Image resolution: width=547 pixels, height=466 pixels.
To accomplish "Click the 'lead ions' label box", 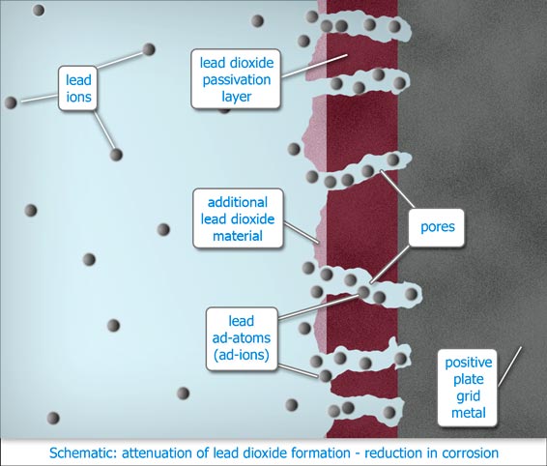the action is [77, 88].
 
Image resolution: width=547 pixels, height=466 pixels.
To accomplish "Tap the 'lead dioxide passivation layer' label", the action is [236, 79].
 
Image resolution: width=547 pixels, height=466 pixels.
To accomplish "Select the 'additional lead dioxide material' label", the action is [238, 218].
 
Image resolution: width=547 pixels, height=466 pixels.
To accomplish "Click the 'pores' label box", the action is [437, 227].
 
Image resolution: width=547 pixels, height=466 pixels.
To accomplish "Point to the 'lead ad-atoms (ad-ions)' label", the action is [242, 338].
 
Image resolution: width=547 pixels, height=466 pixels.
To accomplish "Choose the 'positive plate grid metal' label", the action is [468, 388].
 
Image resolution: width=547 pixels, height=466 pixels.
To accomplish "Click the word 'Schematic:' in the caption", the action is [83, 453].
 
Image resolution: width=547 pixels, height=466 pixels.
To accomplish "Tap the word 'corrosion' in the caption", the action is [470, 453].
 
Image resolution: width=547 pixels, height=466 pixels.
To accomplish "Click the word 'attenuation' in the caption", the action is [156, 453].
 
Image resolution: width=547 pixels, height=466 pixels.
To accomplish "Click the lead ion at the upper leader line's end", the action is [149, 49].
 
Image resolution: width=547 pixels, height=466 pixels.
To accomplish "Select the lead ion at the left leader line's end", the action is [11, 102].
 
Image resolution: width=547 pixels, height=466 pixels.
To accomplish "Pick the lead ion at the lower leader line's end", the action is [116, 155].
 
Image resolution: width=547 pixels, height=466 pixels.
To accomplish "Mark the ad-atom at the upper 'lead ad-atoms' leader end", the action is [363, 292].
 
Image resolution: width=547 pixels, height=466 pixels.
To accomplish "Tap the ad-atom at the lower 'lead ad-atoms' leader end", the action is [325, 376].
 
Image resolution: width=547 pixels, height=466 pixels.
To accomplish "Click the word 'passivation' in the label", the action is [237, 79].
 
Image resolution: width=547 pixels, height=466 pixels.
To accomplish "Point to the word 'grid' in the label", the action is [469, 396].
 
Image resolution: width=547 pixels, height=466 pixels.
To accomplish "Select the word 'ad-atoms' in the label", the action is [242, 337].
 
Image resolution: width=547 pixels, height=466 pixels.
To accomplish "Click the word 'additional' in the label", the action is [238, 202].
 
